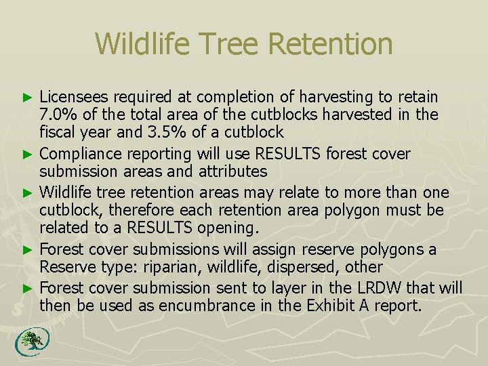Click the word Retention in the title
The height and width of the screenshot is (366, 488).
tap(330, 44)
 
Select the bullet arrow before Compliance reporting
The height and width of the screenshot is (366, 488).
tap(28, 155)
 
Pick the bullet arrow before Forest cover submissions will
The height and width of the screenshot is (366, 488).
tap(28, 250)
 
